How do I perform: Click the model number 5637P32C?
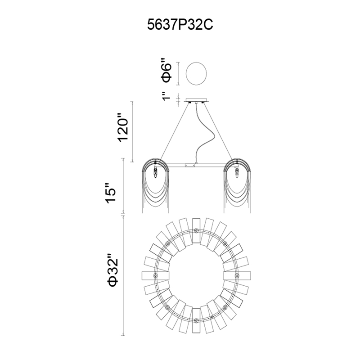180,25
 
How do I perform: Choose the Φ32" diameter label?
113,270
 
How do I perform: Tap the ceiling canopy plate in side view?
196,100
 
